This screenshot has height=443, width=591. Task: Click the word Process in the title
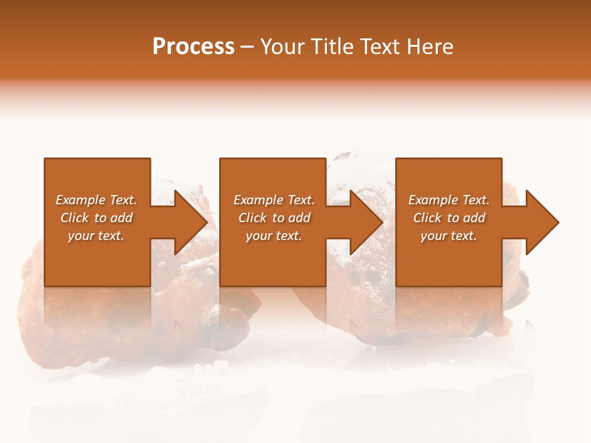(x=193, y=47)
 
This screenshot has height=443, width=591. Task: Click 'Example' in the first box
(x=79, y=200)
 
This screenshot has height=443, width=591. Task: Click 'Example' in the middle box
(x=257, y=200)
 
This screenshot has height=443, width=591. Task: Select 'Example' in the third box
(x=432, y=200)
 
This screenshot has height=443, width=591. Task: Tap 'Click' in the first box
(x=74, y=218)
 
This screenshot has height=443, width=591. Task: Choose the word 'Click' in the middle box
(x=252, y=218)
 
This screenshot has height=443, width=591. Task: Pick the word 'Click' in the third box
(x=427, y=218)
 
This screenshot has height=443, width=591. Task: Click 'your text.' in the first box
(x=96, y=236)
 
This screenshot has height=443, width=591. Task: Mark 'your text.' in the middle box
(x=274, y=236)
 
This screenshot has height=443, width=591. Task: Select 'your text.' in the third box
(x=449, y=236)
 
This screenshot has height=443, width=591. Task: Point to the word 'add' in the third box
(x=474, y=218)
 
